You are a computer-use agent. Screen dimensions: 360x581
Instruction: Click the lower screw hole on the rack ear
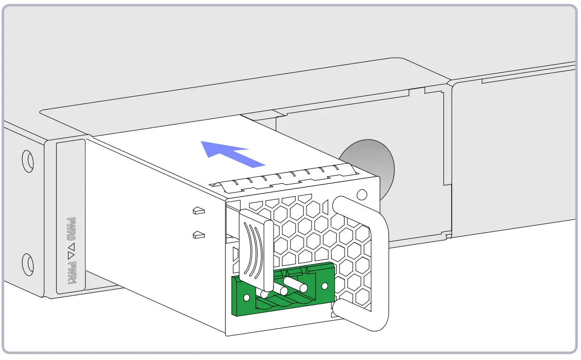[27, 264]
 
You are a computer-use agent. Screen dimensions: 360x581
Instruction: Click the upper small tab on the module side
[198, 211]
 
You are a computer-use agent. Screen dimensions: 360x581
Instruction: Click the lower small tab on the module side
[198, 235]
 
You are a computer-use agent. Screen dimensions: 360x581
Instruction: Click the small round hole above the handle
[362, 194]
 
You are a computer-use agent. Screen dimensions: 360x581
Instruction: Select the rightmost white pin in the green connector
[296, 283]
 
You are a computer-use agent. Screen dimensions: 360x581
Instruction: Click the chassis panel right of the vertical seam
[515, 155]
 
